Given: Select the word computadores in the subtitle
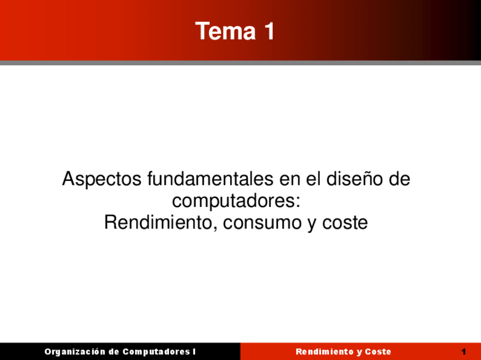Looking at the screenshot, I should tap(233, 201).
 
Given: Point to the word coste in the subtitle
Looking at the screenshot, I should tap(345, 223).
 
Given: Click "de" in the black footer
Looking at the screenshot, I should tap(113, 351).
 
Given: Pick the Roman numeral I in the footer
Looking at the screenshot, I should tap(194, 351).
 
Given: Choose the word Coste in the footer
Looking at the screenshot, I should tap(378, 351).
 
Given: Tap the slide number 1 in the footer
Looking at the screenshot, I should tap(463, 351).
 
